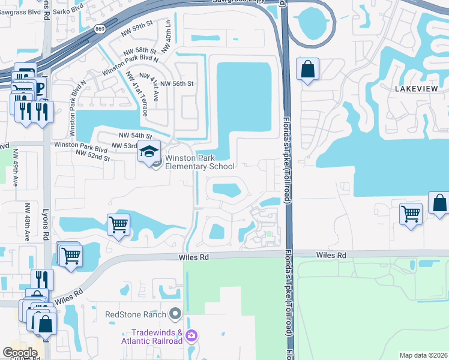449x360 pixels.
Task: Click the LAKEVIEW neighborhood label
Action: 417,88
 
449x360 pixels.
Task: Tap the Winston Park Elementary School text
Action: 204,162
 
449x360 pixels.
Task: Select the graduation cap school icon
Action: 149,151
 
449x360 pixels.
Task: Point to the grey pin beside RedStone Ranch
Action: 175,313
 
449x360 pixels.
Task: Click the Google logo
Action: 20,353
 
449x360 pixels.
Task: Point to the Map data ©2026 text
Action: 423,355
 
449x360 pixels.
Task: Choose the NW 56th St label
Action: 175,84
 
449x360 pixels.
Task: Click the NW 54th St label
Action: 135,136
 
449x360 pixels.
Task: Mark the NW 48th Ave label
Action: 28,221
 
